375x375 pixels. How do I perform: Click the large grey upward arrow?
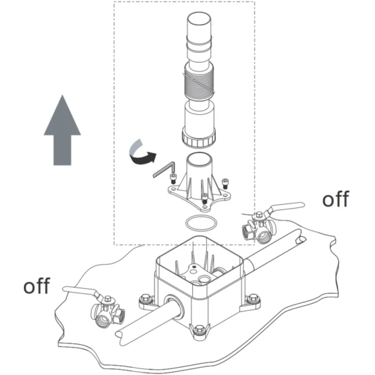tap(62, 134)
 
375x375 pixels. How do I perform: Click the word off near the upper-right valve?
tap(335, 199)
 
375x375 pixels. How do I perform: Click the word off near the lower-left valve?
tap(36, 285)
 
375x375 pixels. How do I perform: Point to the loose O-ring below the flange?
tap(201, 223)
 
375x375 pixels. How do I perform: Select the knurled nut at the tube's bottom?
tap(199, 138)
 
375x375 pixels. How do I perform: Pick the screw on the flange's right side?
tap(225, 184)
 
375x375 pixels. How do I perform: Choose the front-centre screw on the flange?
tap(205, 198)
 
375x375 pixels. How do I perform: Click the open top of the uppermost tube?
tap(199, 18)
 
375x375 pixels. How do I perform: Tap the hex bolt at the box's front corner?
tap(199, 330)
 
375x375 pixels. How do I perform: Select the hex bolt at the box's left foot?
tap(145, 298)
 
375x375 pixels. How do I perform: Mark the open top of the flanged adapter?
tap(199, 159)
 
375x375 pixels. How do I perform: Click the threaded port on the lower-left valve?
tap(103, 320)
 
